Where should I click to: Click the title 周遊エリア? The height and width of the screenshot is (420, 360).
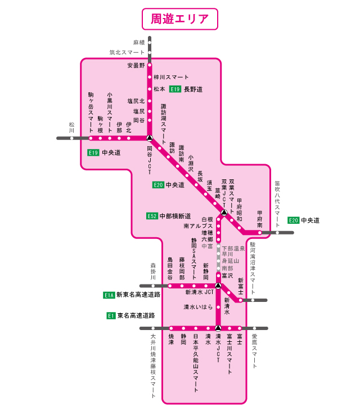(180, 18)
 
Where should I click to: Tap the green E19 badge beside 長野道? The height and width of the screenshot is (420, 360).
(175, 89)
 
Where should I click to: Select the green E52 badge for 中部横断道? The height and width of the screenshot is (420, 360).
(151, 216)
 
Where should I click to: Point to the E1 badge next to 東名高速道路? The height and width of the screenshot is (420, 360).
(111, 316)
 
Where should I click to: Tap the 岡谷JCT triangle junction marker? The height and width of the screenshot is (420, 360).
(150, 138)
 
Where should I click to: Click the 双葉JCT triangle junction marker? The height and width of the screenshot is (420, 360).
(224, 213)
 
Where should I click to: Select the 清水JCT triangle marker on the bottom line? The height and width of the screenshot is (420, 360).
(218, 328)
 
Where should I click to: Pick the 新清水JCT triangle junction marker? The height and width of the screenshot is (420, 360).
(218, 286)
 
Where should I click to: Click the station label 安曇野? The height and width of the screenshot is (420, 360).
(136, 65)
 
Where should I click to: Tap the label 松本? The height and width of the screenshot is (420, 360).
(159, 89)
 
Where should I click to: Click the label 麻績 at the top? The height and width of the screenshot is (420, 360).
(139, 42)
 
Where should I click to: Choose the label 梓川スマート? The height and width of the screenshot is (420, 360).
(171, 77)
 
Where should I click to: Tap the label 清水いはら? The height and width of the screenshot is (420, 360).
(198, 307)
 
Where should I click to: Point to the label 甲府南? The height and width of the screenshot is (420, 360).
(260, 219)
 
